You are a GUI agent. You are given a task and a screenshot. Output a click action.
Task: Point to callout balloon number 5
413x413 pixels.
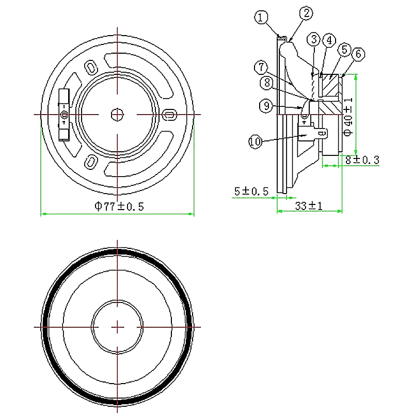click(x=344, y=50)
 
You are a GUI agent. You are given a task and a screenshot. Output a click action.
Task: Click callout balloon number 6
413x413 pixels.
click(x=358, y=53)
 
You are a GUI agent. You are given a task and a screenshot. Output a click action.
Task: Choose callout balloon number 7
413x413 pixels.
click(x=262, y=67)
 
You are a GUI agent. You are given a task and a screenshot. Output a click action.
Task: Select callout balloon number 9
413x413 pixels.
click(x=265, y=106)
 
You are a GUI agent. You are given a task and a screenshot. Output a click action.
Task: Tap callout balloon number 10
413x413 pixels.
click(x=256, y=141)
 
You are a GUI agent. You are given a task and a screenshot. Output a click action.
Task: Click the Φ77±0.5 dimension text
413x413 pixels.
click(x=118, y=206)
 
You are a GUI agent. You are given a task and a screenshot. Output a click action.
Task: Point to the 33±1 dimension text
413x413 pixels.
click(x=309, y=205)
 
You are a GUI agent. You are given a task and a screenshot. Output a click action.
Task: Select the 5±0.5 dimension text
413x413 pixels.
click(x=251, y=191)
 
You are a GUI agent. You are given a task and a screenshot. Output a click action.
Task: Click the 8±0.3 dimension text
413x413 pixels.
click(x=362, y=160)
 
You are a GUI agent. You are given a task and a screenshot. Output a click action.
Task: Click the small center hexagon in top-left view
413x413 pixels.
click(x=118, y=115)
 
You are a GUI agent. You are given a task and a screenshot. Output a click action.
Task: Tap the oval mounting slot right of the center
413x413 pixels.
click(x=169, y=115)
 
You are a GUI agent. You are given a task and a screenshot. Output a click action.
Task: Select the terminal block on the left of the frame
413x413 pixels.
click(x=63, y=114)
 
